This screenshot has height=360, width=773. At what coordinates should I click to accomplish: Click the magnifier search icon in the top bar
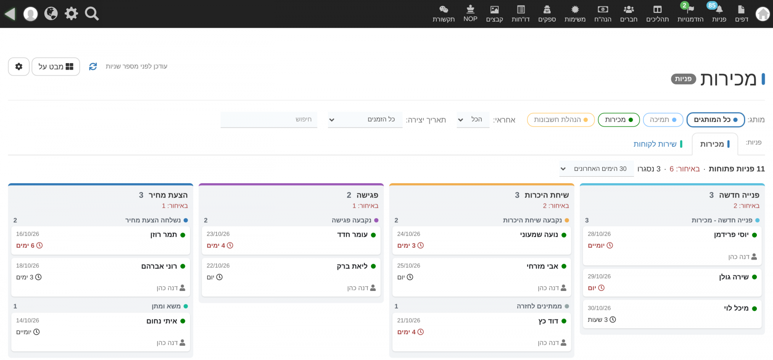tap(92, 14)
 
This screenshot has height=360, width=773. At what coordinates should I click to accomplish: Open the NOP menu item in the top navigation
tap(470, 13)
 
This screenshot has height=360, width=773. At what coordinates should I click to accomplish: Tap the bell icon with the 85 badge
tap(719, 9)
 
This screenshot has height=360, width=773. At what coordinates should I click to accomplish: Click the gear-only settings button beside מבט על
tap(18, 66)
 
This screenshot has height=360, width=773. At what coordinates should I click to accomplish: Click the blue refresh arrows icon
tap(93, 66)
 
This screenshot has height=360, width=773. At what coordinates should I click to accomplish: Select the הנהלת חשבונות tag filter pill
tap(561, 120)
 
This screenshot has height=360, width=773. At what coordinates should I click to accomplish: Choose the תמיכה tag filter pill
tap(663, 120)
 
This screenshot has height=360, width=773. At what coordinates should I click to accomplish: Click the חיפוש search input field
tap(269, 119)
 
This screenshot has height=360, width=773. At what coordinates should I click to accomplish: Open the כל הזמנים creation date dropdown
tap(365, 119)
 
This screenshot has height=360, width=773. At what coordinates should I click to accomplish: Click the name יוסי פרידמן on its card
tap(731, 235)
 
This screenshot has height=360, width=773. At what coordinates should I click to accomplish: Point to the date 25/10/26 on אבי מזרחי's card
tap(409, 266)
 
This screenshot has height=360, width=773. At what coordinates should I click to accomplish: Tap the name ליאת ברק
tap(352, 266)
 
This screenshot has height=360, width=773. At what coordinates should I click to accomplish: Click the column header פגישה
tap(367, 195)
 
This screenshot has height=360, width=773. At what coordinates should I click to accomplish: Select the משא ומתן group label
tap(166, 306)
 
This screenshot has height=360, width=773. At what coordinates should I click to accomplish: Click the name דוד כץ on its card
tap(548, 321)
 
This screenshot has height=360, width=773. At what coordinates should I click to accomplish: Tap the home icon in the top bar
tap(762, 14)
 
